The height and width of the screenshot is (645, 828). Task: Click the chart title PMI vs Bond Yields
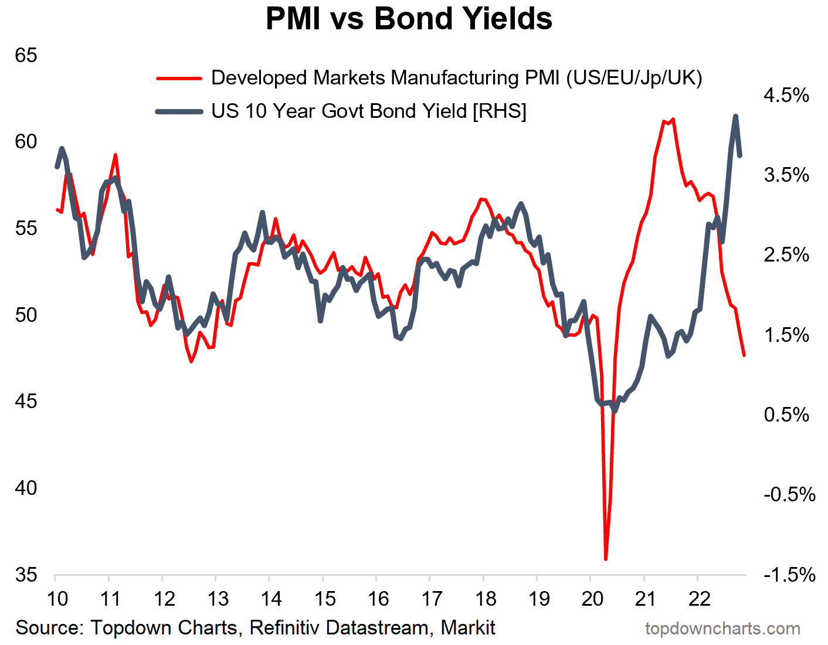(409, 19)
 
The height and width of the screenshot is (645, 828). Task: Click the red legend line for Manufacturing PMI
(179, 77)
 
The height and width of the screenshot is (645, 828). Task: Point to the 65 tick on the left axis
(26, 55)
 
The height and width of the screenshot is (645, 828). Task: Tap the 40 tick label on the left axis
(26, 488)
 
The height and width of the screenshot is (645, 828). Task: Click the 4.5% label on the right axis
(786, 95)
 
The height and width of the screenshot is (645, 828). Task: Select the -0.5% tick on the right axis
(789, 494)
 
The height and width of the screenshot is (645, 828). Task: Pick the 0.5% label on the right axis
(786, 415)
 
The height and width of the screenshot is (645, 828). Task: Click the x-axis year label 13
(218, 599)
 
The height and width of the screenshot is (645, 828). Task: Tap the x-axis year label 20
(592, 599)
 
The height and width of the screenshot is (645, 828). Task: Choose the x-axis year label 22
(700, 599)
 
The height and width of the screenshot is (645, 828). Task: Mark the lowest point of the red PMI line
(606, 559)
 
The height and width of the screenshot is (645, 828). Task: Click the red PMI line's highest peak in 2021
(673, 120)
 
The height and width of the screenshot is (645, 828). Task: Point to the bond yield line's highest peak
(735, 116)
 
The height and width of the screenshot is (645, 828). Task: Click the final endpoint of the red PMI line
(744, 355)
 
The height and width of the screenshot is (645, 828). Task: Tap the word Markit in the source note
(467, 628)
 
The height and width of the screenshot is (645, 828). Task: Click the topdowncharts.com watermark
(722, 629)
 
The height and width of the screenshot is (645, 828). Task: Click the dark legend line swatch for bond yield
(179, 111)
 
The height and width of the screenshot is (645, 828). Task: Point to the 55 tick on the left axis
(26, 228)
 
